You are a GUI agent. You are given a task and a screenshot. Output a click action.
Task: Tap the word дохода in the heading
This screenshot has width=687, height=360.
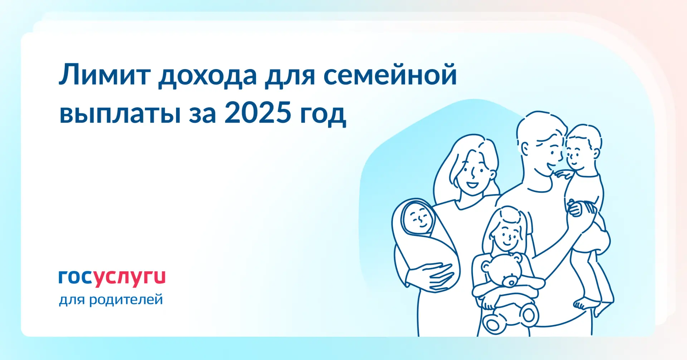tap(208, 76)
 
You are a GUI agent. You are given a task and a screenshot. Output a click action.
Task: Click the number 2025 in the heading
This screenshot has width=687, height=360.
tap(258, 112)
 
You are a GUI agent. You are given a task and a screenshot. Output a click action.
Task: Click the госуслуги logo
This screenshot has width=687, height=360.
tap(112, 278)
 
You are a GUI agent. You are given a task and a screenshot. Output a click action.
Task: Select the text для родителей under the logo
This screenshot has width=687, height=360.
tap(111, 300)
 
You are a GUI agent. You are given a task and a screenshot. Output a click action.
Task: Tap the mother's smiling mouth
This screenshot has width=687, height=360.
tap(472, 185)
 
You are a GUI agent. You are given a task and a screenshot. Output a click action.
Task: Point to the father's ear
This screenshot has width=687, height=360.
tap(525, 148)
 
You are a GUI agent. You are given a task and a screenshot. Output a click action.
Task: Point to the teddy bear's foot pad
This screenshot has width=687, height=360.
tap(528, 315)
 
